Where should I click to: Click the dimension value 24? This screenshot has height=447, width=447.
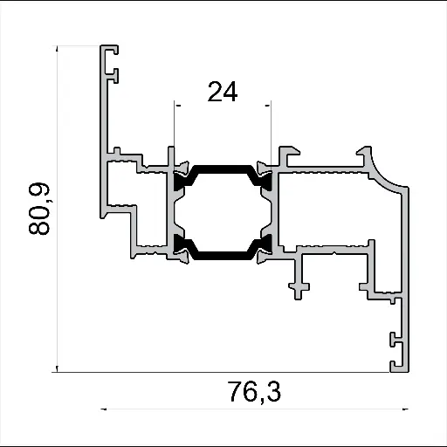222,90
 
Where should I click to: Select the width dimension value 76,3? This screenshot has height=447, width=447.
254,393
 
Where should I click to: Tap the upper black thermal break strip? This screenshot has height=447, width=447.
223,168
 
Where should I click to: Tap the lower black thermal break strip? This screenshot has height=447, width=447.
223,257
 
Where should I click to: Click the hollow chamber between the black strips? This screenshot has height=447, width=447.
223,212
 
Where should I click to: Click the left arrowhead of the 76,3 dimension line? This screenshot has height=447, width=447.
105,409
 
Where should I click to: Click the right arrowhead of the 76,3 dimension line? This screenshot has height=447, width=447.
406,409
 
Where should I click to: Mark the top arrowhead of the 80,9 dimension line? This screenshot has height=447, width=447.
58,49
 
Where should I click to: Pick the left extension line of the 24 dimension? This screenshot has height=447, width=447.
175,131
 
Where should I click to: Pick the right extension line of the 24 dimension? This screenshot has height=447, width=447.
271,131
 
